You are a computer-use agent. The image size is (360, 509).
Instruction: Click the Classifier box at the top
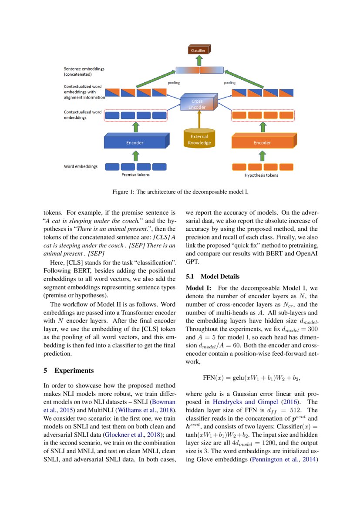tap(199, 51)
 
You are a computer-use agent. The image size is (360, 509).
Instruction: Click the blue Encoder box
tap(135, 142)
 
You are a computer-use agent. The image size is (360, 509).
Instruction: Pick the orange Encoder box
tap(262, 142)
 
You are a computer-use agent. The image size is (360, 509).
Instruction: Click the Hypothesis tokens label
tap(259, 175)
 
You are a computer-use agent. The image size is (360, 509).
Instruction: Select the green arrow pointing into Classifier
tap(199, 60)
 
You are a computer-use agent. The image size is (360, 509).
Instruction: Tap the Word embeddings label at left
tap(81, 166)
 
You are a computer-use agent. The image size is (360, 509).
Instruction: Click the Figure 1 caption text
tap(180, 192)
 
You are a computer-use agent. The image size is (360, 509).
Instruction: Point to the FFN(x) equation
tap(252, 377)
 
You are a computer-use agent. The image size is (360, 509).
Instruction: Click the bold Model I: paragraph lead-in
tap(199, 288)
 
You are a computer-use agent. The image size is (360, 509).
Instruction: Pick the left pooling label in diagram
tap(174, 82)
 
